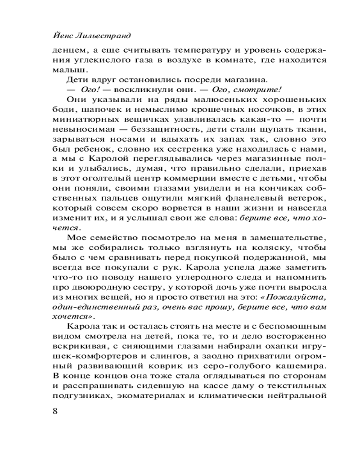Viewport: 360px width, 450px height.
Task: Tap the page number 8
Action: coord(56,412)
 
